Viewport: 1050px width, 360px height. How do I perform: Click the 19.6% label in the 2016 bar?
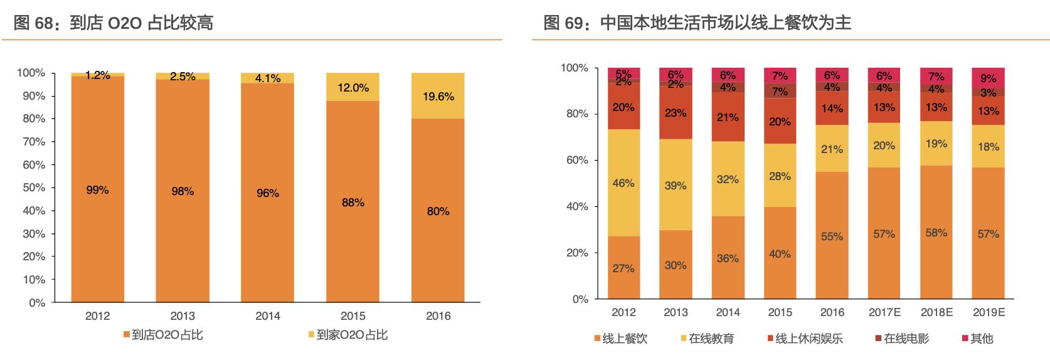click(x=438, y=97)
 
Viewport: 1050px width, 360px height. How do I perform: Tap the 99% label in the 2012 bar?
click(x=97, y=190)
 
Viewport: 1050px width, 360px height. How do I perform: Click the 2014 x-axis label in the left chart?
click(x=268, y=316)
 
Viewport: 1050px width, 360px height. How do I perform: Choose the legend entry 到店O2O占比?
click(x=166, y=335)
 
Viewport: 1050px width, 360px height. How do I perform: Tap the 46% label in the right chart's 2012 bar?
click(x=623, y=183)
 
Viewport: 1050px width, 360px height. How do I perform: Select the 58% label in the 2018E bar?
click(x=936, y=233)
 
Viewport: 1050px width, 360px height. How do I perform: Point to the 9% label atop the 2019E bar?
click(x=988, y=78)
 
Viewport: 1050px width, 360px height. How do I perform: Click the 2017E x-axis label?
click(x=884, y=312)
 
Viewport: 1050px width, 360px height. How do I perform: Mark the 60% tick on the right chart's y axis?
click(x=576, y=160)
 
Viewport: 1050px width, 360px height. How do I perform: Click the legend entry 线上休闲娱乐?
click(x=809, y=339)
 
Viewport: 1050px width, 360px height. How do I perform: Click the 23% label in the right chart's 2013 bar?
click(x=676, y=113)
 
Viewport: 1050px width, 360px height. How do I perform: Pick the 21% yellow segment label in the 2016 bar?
click(x=832, y=149)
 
